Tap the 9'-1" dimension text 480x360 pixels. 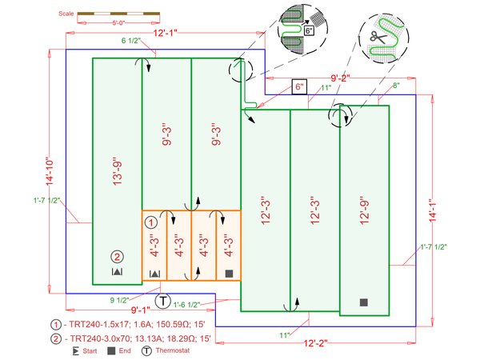click(142, 310)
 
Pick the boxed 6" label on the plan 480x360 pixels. click(300, 86)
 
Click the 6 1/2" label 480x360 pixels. click(131, 41)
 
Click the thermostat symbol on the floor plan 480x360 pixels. click(162, 302)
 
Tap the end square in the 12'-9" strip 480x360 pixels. click(363, 302)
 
